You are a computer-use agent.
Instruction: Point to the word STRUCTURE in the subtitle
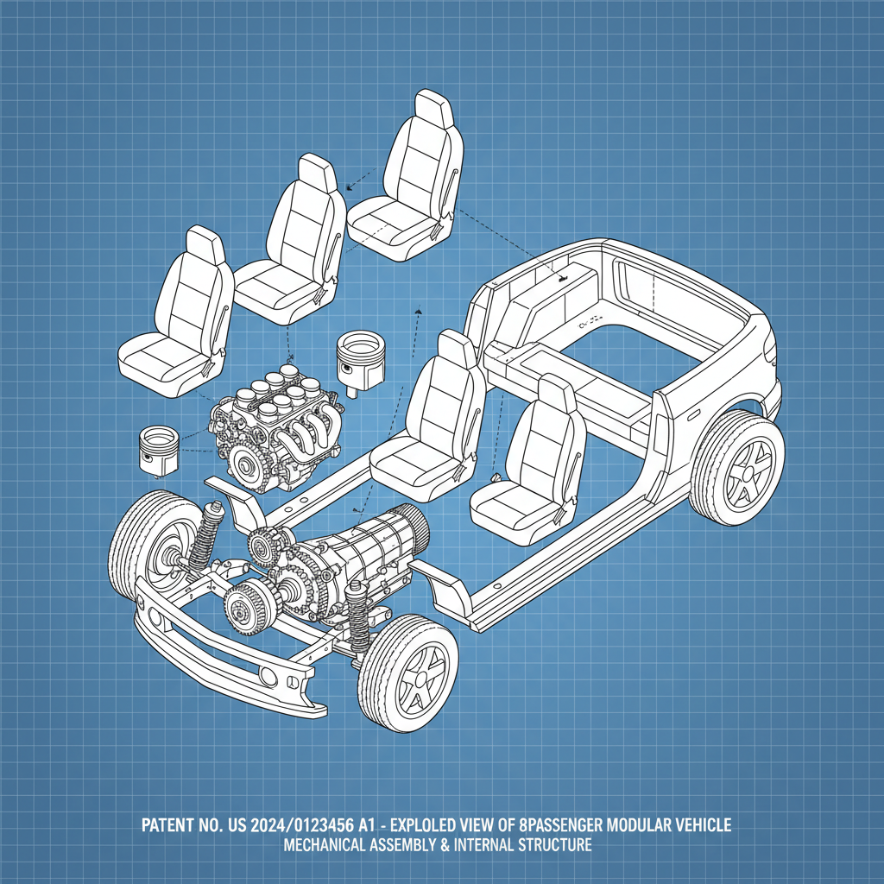click(x=552, y=846)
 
